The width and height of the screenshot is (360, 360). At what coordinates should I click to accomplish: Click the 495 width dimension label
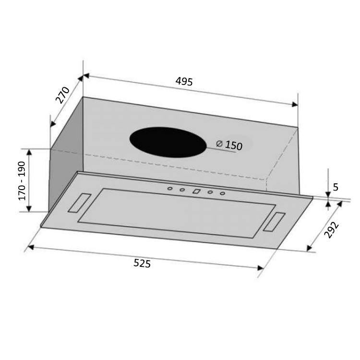click(184, 82)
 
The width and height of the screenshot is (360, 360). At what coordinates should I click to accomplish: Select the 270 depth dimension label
click(63, 95)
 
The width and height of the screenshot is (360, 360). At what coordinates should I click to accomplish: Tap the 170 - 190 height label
click(22, 180)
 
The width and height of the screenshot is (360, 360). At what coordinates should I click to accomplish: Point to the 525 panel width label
click(142, 263)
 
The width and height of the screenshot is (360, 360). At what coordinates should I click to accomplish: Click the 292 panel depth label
click(331, 230)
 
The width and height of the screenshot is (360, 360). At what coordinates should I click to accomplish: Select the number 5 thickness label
click(336, 187)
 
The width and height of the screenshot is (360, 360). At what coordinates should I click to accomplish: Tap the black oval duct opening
click(168, 142)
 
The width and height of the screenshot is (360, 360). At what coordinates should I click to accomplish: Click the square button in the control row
click(196, 191)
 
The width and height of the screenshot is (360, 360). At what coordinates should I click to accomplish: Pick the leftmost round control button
click(170, 189)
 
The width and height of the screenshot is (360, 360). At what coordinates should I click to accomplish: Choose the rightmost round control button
click(223, 193)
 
